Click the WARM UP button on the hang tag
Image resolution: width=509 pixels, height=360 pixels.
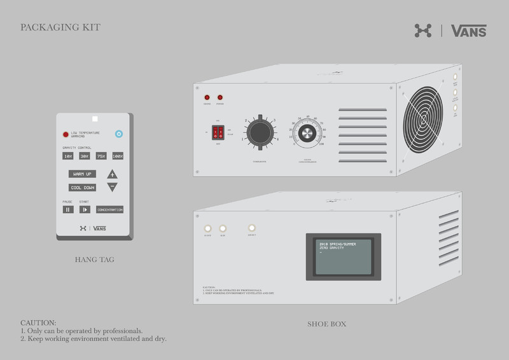(82, 174)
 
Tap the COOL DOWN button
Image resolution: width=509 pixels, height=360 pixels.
(82, 188)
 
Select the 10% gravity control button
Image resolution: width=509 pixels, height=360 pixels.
(68, 156)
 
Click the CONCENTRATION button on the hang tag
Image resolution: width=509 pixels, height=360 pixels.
(109, 209)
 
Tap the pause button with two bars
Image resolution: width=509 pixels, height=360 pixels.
(68, 209)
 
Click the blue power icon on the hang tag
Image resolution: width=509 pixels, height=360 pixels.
(118, 134)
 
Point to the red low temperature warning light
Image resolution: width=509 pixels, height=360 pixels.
(66, 135)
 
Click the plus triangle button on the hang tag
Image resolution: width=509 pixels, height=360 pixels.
(113, 174)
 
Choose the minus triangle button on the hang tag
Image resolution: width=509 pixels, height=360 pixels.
(113, 187)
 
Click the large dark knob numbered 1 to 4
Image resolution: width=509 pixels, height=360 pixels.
(259, 132)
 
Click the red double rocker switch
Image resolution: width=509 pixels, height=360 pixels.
(218, 132)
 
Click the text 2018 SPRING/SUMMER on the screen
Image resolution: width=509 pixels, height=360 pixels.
(337, 243)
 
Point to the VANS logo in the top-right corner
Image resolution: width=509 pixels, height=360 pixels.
(468, 31)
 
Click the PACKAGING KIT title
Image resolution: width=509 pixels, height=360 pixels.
(60, 28)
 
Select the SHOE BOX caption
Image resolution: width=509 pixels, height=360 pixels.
(326, 324)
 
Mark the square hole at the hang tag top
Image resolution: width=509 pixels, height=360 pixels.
(94, 118)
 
